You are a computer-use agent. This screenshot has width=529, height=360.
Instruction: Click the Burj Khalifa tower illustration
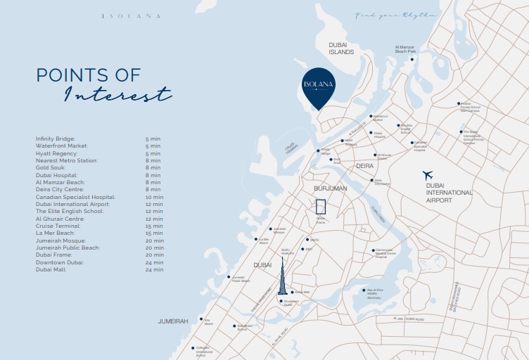281,277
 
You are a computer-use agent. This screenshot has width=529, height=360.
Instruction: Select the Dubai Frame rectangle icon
321,206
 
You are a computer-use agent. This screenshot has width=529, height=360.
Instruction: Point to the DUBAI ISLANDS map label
343,48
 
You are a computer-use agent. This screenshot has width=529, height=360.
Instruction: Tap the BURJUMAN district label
331,189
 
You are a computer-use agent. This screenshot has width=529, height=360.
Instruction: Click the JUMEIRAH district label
173,321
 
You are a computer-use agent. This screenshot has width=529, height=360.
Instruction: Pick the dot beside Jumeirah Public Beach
229,277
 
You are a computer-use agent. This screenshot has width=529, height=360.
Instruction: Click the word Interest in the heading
117,94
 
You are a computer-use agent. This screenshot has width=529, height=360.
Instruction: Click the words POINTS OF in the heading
88,75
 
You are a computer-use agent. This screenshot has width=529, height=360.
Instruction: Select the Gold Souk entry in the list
51,167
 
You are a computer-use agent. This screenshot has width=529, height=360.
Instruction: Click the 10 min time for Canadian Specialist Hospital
153,197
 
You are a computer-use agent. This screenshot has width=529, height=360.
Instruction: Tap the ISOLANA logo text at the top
131,15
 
